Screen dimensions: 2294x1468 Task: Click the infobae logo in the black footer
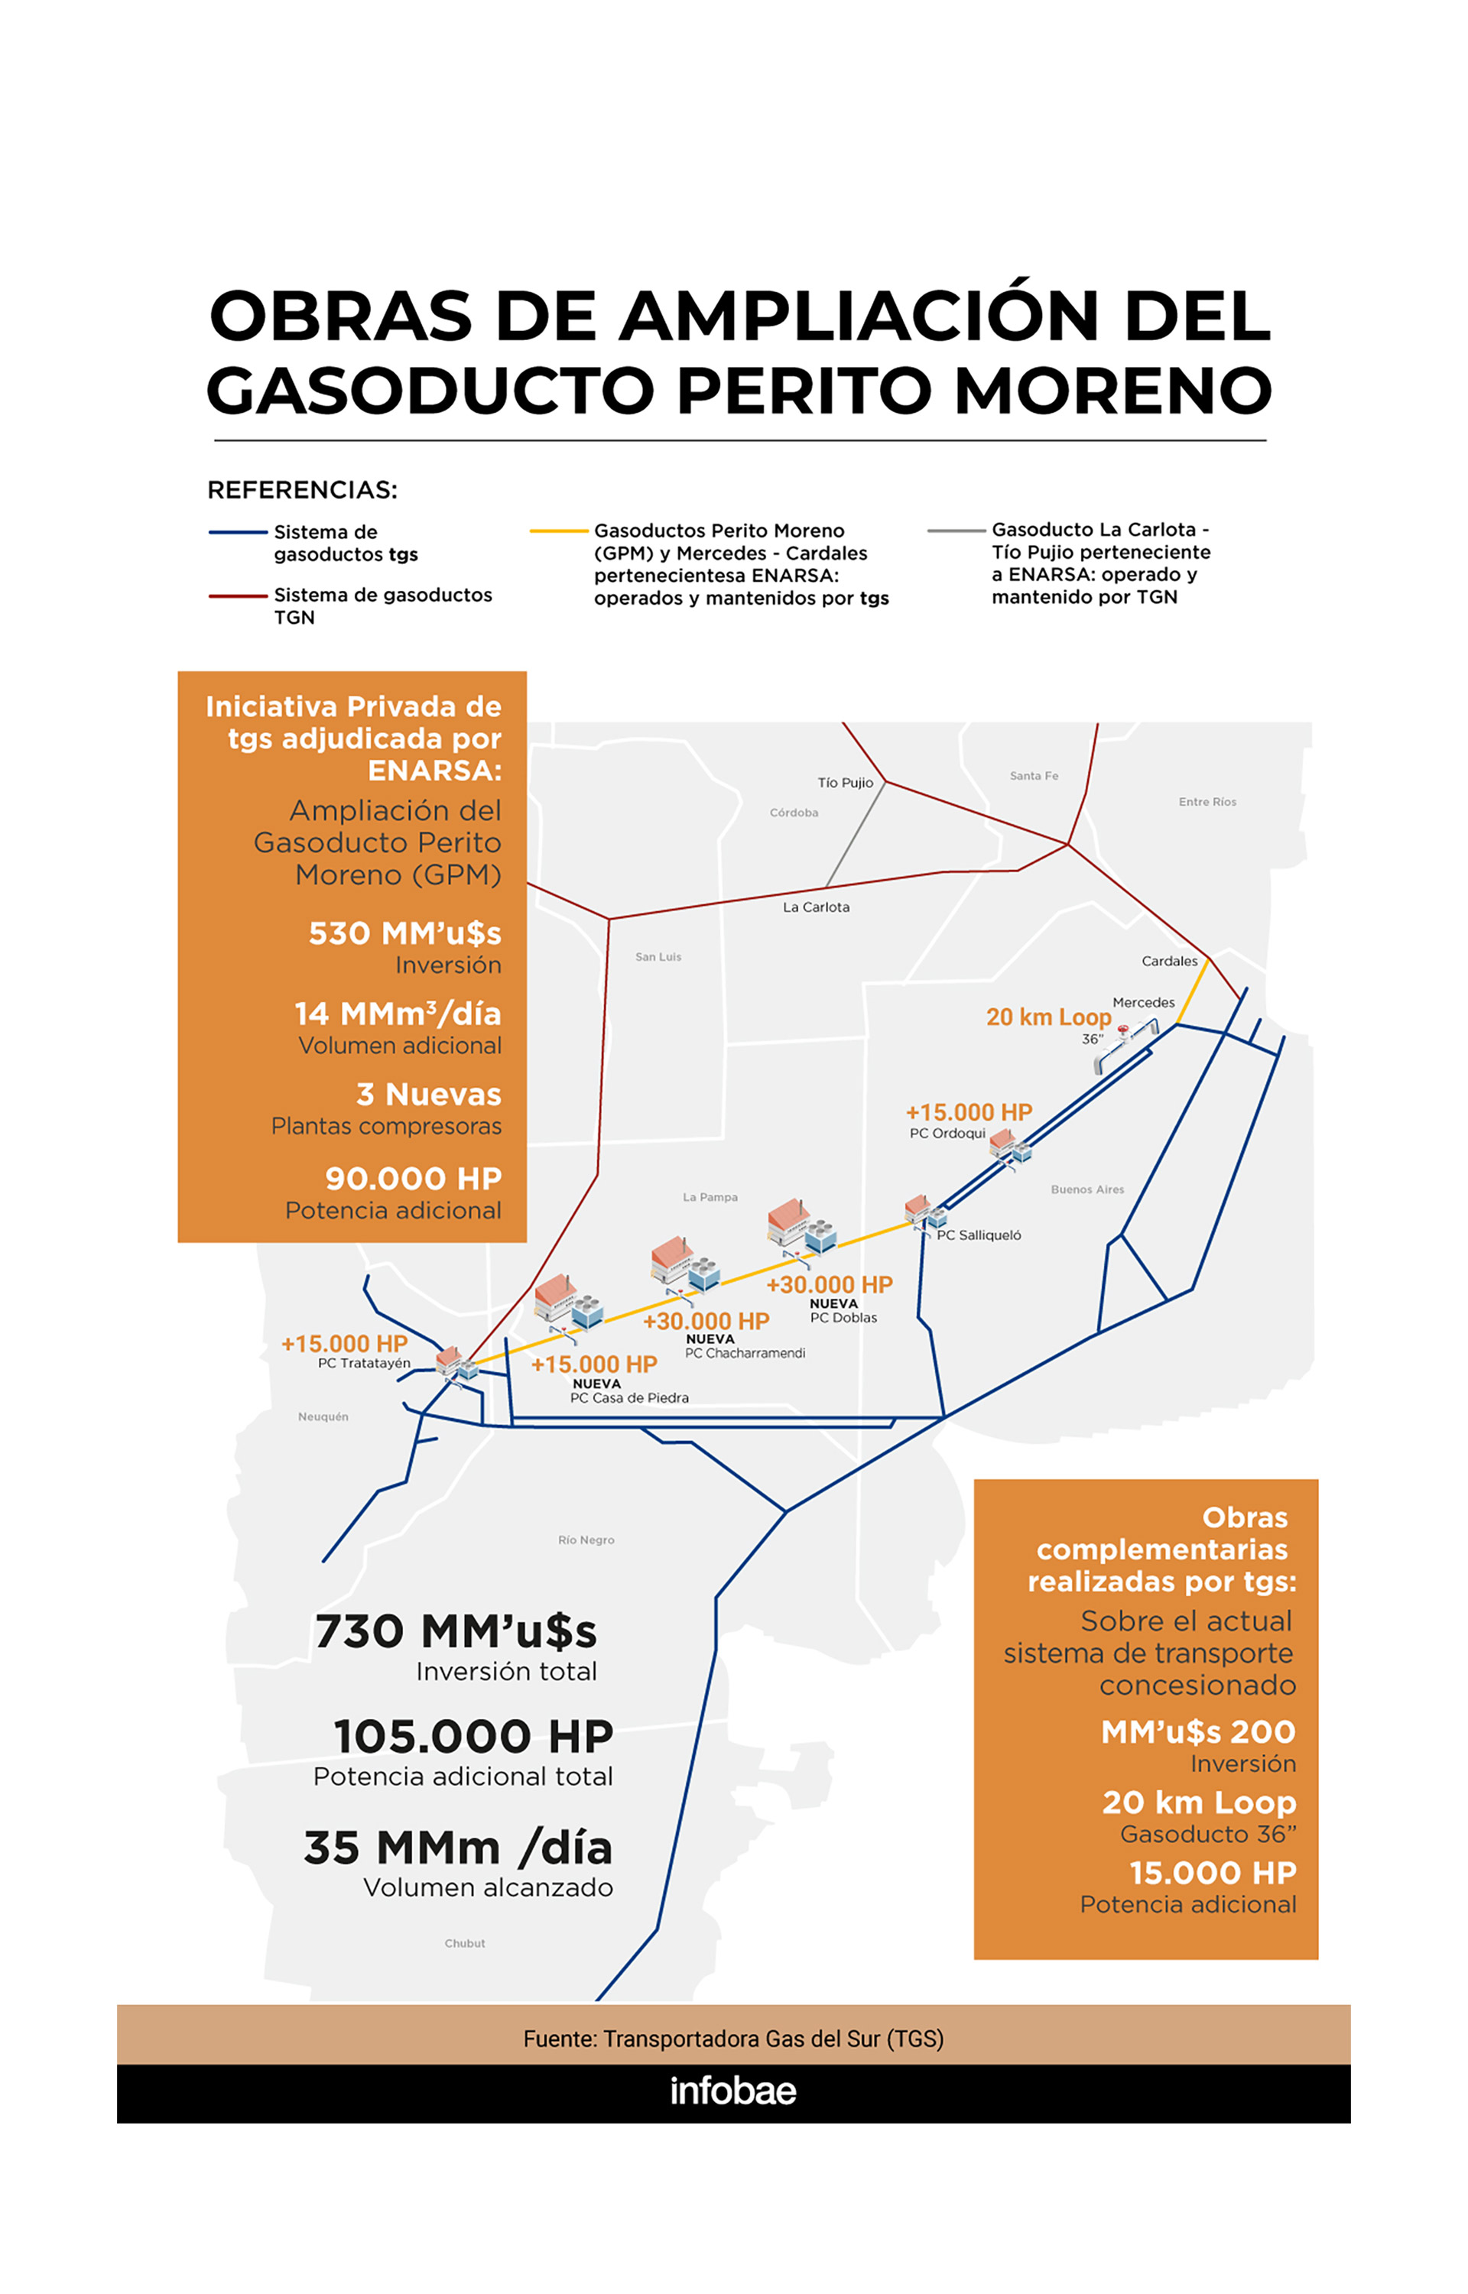[732, 2090]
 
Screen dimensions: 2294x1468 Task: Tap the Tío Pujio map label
[845, 783]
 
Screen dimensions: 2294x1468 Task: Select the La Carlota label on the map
[816, 907]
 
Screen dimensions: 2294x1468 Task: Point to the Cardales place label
[1169, 961]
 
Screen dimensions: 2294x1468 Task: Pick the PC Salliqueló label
[978, 1235]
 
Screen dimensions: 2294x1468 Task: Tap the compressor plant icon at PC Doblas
[801, 1227]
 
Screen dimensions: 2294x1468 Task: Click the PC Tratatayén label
[364, 1364]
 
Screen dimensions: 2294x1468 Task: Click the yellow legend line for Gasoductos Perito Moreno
[559, 531]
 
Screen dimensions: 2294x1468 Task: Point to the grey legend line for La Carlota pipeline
[956, 531]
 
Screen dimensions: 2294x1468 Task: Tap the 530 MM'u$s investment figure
[404, 933]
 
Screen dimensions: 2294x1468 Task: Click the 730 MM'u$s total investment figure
[456, 1631]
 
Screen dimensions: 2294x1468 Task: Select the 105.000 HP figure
[473, 1737]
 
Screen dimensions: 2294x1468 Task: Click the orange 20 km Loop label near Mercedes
[1047, 1017]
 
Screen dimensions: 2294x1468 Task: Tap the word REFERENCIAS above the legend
[302, 490]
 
